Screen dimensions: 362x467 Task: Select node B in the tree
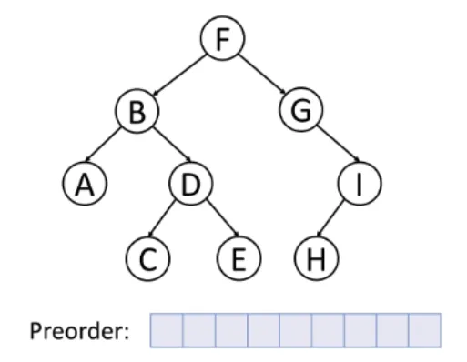pos(137,113)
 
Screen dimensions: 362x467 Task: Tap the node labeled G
pos(299,113)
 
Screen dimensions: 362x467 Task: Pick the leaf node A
pos(85,185)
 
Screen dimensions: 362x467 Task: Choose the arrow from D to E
pos(216,220)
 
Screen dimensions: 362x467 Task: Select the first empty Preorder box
pos(167,329)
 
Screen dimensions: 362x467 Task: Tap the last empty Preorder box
pos(424,329)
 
